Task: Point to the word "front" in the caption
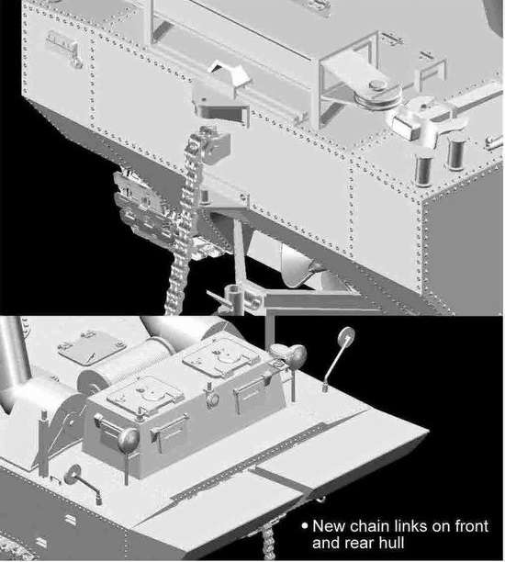click(472, 526)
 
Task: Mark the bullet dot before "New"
click(305, 526)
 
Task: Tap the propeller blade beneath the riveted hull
click(297, 264)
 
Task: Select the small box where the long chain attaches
click(216, 145)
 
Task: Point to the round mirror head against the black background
click(346, 335)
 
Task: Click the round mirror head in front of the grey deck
click(73, 474)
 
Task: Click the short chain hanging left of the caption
click(268, 545)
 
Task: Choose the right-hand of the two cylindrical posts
click(455, 152)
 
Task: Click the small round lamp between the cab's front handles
click(212, 399)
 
